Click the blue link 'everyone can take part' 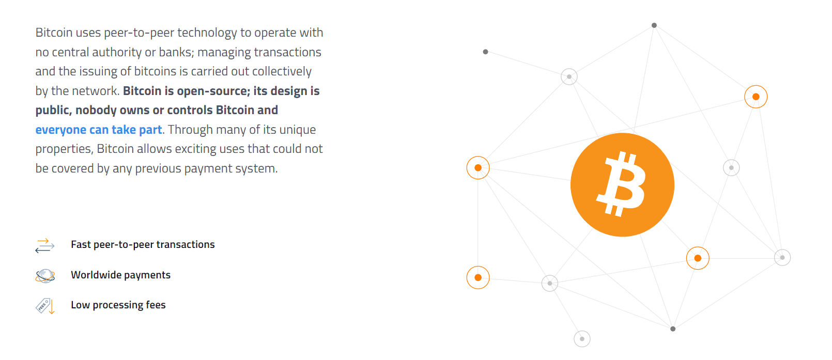98,130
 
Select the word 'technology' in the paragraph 207,33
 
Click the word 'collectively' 282,72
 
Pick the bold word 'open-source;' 214,91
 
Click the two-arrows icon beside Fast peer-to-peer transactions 44,245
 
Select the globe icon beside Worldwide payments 45,276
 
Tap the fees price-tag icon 42,306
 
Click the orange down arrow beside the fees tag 52,307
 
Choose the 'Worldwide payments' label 121,275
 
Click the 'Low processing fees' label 118,305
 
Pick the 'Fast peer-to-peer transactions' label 143,245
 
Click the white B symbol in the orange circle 621,184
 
